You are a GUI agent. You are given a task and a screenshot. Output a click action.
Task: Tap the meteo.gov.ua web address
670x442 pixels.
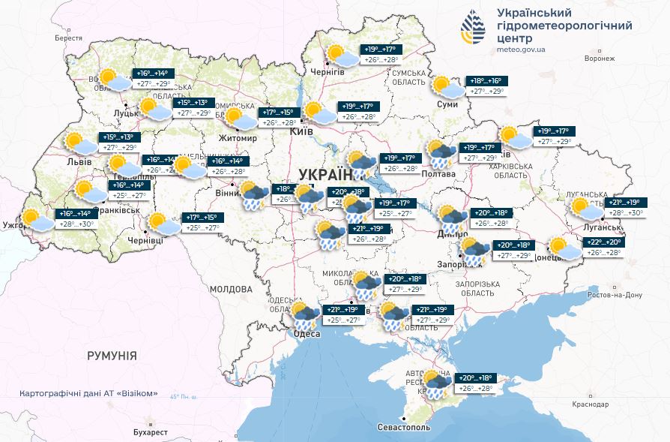tap(521, 50)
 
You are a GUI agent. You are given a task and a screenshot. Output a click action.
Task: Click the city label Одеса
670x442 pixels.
tap(307, 334)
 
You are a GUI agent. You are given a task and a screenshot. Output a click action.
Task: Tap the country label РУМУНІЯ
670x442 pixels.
tap(112, 355)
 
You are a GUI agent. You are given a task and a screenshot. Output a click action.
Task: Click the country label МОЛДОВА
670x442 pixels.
tap(231, 289)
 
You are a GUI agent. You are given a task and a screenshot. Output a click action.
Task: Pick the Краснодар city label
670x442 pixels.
tap(590, 404)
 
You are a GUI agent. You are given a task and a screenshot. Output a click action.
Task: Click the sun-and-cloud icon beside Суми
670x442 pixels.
tap(447, 86)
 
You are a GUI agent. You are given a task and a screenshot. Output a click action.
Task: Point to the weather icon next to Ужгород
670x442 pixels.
tap(36, 220)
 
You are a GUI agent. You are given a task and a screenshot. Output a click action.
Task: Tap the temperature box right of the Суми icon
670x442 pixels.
tap(487, 86)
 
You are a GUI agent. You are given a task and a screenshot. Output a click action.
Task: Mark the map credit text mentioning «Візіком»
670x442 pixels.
tap(89, 393)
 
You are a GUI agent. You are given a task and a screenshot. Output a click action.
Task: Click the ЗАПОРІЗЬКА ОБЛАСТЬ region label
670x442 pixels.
tap(477, 290)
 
